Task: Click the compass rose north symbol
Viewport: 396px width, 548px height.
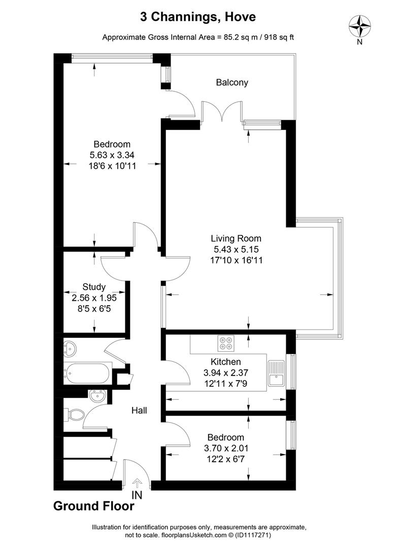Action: point(359,27)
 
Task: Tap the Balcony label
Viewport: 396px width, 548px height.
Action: point(232,83)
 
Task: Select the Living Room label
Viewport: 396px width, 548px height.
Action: point(236,238)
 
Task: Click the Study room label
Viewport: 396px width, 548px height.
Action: point(94,287)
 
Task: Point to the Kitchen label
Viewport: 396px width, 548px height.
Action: point(225,362)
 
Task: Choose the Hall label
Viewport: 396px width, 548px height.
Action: point(139,410)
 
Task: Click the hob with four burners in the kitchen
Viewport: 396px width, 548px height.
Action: point(225,343)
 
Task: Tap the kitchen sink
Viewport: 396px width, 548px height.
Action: point(277,373)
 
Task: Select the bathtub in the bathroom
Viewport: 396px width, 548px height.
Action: point(88,373)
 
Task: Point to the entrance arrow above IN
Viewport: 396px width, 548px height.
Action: point(137,484)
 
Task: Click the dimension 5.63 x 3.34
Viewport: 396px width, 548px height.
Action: point(112,155)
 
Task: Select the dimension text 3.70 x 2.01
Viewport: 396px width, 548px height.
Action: point(226,448)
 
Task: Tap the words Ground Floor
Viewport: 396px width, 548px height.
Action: point(94,506)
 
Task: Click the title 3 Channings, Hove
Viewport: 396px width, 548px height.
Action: point(198,17)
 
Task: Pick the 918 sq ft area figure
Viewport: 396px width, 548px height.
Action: point(279,38)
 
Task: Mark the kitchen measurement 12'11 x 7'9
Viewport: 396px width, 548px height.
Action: point(225,384)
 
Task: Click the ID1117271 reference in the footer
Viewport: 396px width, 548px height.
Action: point(254,535)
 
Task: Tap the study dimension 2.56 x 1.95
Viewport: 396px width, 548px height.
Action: point(94,298)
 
